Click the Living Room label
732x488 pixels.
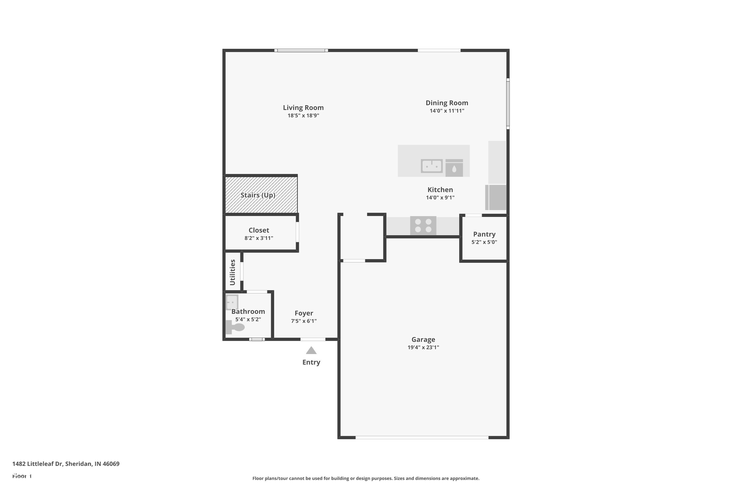pyautogui.click(x=303, y=108)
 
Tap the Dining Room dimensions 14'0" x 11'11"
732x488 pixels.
pyautogui.click(x=447, y=111)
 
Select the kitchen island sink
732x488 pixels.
pyautogui.click(x=431, y=166)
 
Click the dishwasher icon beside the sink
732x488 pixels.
pyautogui.click(x=454, y=168)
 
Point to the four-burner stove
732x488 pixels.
pyautogui.click(x=423, y=226)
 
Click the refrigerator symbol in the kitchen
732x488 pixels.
pyautogui.click(x=496, y=197)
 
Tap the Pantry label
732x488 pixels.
pyautogui.click(x=484, y=234)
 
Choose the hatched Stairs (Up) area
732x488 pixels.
pyautogui.click(x=261, y=195)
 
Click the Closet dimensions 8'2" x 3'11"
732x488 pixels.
pyautogui.click(x=259, y=238)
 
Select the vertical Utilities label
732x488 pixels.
pyautogui.click(x=233, y=272)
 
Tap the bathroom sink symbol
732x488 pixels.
pyautogui.click(x=232, y=302)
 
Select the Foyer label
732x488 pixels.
pyautogui.click(x=304, y=313)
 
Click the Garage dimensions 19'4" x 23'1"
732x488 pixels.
pyautogui.click(x=423, y=347)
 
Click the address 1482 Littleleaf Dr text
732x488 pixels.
pyautogui.click(x=66, y=464)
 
